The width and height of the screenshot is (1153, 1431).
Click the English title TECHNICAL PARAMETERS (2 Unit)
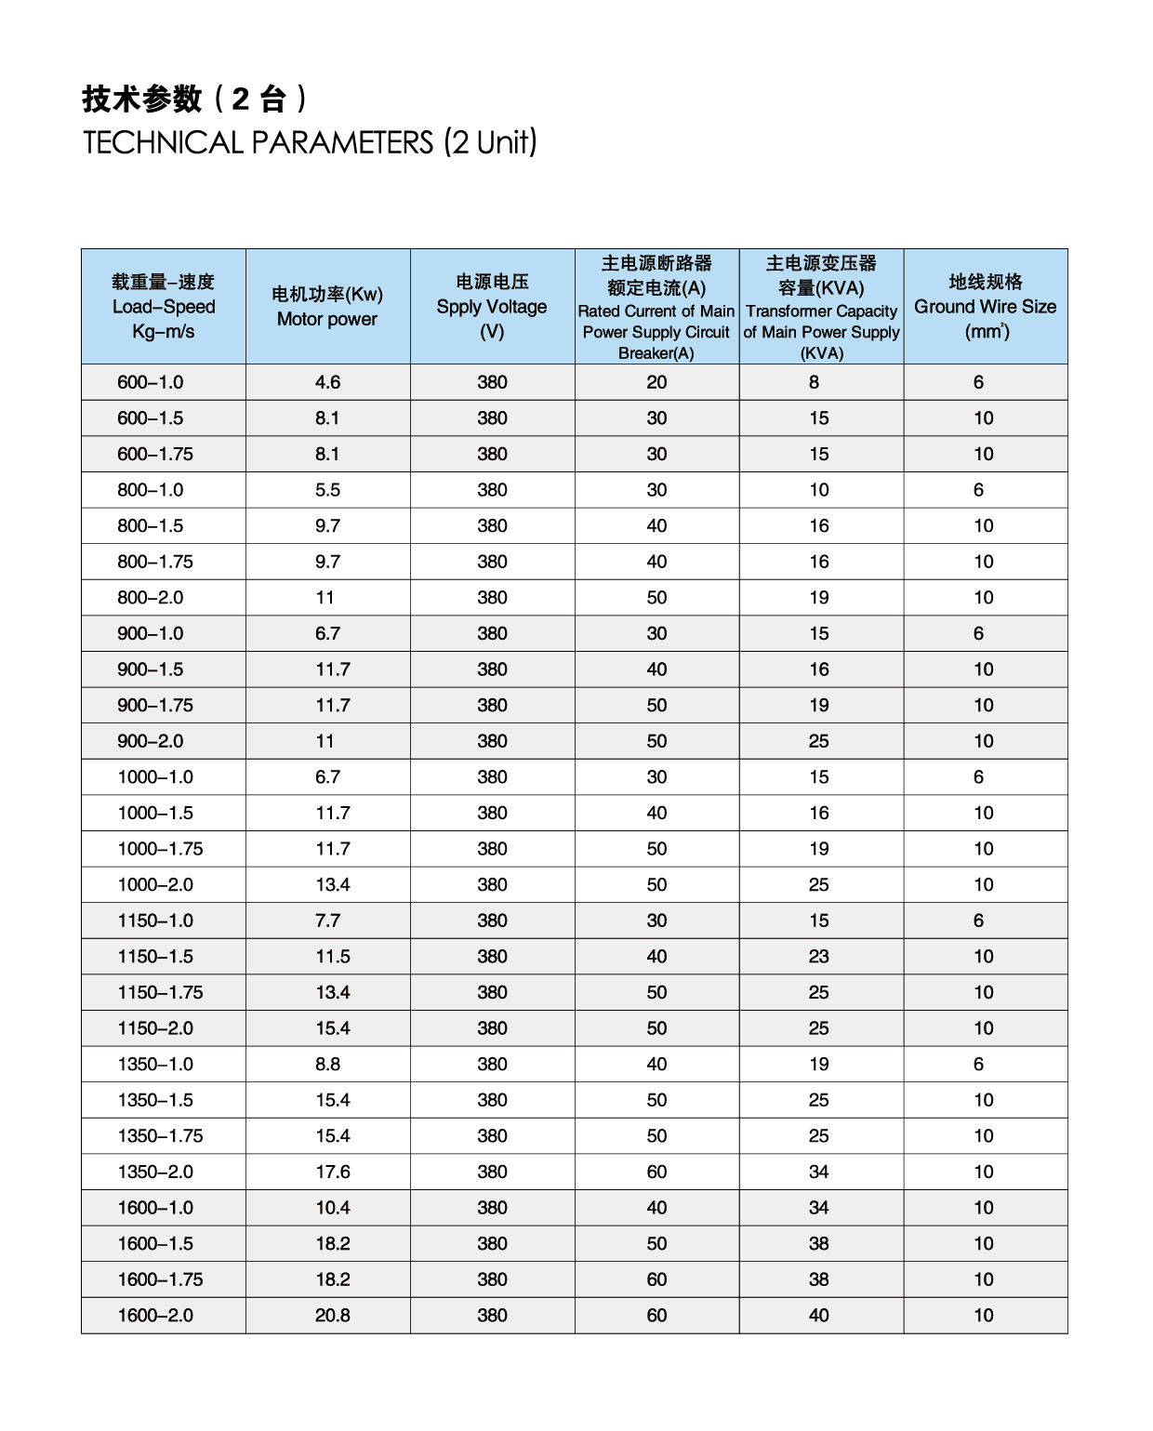click(x=310, y=142)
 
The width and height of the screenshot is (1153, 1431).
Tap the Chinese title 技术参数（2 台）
click(x=195, y=99)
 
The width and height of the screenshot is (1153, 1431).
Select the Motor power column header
click(x=327, y=307)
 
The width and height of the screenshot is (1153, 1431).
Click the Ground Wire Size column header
click(x=985, y=307)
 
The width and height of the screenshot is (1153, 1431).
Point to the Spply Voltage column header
click(x=492, y=307)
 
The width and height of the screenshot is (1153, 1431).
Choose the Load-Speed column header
click(x=164, y=307)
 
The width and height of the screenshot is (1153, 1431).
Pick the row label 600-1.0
click(x=151, y=382)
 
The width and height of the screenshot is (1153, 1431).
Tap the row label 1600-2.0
click(x=155, y=1316)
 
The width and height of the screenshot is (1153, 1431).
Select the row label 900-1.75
click(x=155, y=706)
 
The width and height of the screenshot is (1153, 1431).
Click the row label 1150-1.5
click(x=155, y=957)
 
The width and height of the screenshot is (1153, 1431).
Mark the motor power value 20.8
click(x=333, y=1316)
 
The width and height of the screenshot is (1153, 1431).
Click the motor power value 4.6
click(x=327, y=382)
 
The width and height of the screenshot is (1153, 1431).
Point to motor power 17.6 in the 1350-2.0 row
click(x=333, y=1173)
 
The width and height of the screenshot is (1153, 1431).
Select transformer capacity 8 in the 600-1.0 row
click(x=815, y=382)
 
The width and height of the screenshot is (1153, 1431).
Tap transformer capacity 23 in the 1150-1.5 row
click(x=818, y=957)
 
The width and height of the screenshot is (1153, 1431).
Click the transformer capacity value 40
click(x=818, y=1316)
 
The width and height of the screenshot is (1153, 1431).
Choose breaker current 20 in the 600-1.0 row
click(x=656, y=382)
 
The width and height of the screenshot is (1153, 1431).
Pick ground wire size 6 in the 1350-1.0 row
click(x=978, y=1065)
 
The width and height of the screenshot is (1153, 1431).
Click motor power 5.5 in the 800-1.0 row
click(x=327, y=490)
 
